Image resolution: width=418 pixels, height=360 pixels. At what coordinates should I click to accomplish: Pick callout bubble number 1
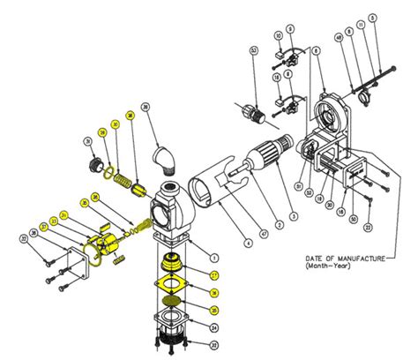[213, 255]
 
